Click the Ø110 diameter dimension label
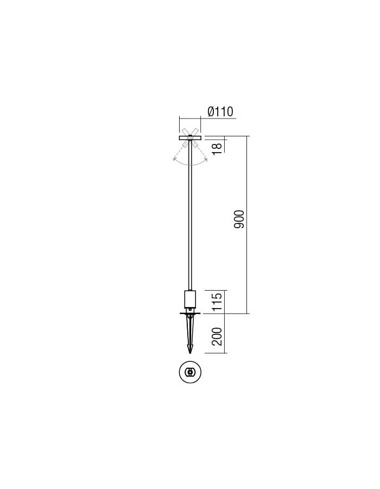(220, 111)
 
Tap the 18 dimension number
(217, 148)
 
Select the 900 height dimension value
(239, 220)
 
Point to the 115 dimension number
(217, 301)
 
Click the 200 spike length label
(217, 336)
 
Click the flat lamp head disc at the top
(190, 138)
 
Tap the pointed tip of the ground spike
(190, 353)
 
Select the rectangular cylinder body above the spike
(190, 299)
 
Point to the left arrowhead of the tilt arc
(174, 160)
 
